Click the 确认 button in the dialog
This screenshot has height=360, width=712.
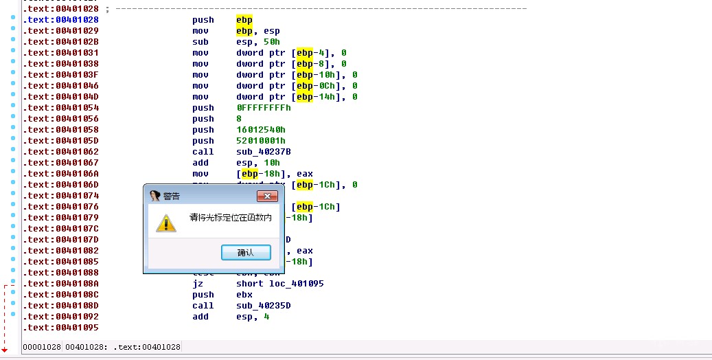click(x=245, y=253)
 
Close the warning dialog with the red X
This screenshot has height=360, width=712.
click(x=266, y=196)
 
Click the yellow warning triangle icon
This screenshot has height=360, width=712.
click(x=165, y=223)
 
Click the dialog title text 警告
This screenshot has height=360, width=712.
click(x=172, y=196)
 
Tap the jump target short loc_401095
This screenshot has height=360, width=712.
click(x=280, y=284)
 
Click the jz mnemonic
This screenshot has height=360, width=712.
click(x=198, y=284)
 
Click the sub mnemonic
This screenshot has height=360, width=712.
click(x=200, y=42)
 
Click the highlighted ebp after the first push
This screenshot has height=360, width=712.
click(x=244, y=20)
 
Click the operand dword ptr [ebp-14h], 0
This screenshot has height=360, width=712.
click(x=297, y=97)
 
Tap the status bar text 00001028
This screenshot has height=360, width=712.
click(x=42, y=347)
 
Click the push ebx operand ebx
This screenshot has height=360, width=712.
click(x=244, y=295)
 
